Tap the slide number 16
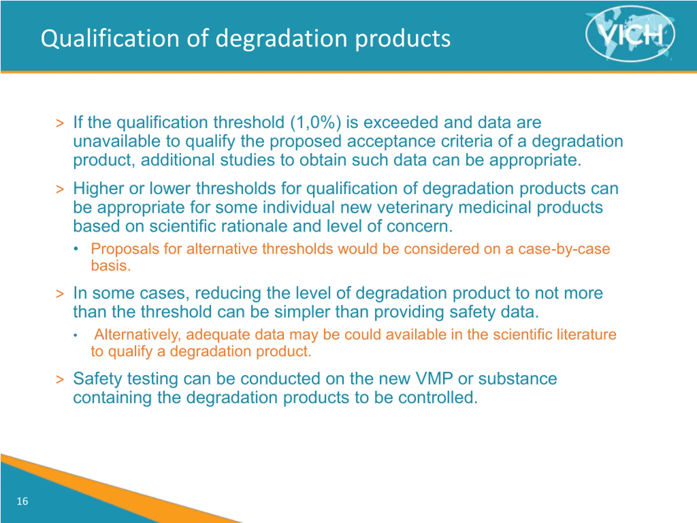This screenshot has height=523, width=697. click(22, 501)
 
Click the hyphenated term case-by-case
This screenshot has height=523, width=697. click(564, 249)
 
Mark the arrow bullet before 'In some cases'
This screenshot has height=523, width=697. click(60, 294)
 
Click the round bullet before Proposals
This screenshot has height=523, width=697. click(76, 249)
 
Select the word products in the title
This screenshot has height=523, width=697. click(403, 39)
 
